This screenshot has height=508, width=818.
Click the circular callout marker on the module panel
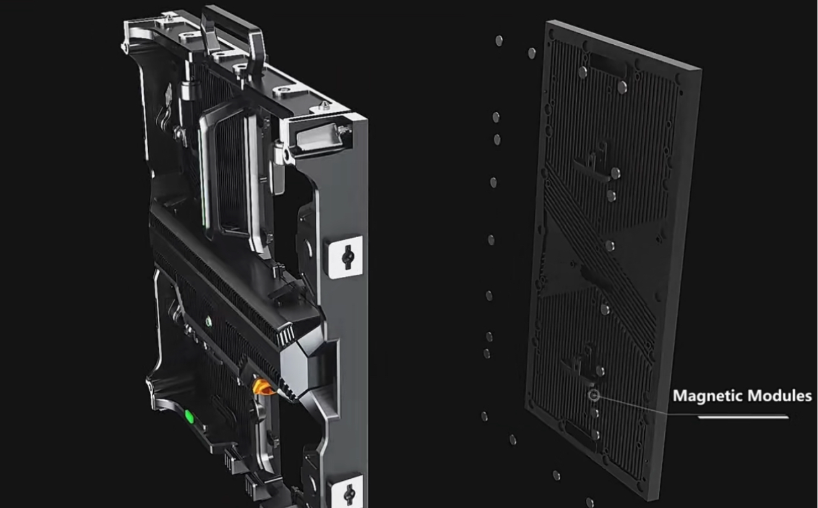(x=594, y=395)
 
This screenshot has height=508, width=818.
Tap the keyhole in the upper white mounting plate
(x=347, y=256)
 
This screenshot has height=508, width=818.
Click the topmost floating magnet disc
(x=499, y=40)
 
